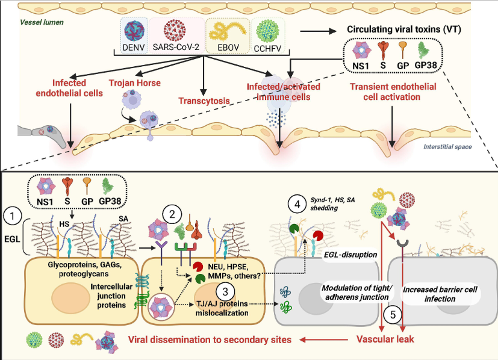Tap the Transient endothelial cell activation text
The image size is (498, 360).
(393, 92)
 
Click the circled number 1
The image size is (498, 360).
(13, 214)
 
